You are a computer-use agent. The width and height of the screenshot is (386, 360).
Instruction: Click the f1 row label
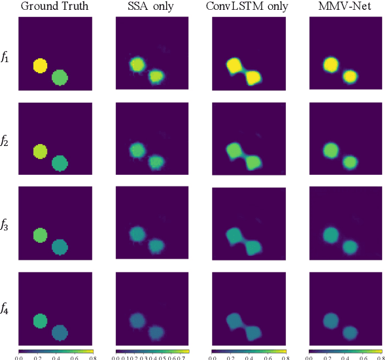coord(5,58)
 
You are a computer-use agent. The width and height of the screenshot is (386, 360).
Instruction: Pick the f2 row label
coord(5,141)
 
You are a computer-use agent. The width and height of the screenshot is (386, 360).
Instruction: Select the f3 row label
coord(5,226)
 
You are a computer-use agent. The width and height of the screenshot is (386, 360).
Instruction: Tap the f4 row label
coord(5,310)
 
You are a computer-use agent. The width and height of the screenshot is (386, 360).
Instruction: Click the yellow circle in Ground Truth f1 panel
coord(40,65)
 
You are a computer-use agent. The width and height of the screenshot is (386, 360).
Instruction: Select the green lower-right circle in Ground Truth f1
coord(60,78)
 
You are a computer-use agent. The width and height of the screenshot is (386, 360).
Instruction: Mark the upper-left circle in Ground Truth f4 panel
coord(40,321)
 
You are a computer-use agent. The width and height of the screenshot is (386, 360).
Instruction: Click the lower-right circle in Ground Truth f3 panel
coord(60,247)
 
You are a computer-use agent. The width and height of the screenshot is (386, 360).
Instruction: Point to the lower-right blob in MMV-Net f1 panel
coord(350,77)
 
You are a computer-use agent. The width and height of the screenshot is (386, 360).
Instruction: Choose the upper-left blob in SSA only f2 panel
coord(137,150)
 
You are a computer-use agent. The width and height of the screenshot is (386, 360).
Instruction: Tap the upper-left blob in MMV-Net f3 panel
coord(330,234)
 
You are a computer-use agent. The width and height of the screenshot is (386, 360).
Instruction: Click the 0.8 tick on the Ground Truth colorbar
coord(91,357)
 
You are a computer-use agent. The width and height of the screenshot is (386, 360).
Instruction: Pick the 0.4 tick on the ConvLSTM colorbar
coord(249,357)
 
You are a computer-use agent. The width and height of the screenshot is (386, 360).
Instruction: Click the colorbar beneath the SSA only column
coord(152,351)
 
